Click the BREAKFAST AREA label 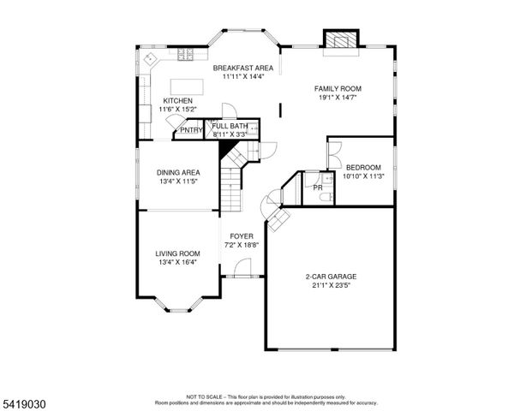pos(242,68)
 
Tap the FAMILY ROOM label pos(337,88)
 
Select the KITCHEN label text pos(177,100)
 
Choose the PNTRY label pos(191,131)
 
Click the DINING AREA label pos(178,172)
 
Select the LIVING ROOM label pos(177,253)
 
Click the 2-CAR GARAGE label pos(331,277)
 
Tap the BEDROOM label pos(363,167)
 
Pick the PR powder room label pos(317,187)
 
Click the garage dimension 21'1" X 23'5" pos(331,286)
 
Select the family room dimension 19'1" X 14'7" pos(337,98)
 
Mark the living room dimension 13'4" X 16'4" pos(177,263)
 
